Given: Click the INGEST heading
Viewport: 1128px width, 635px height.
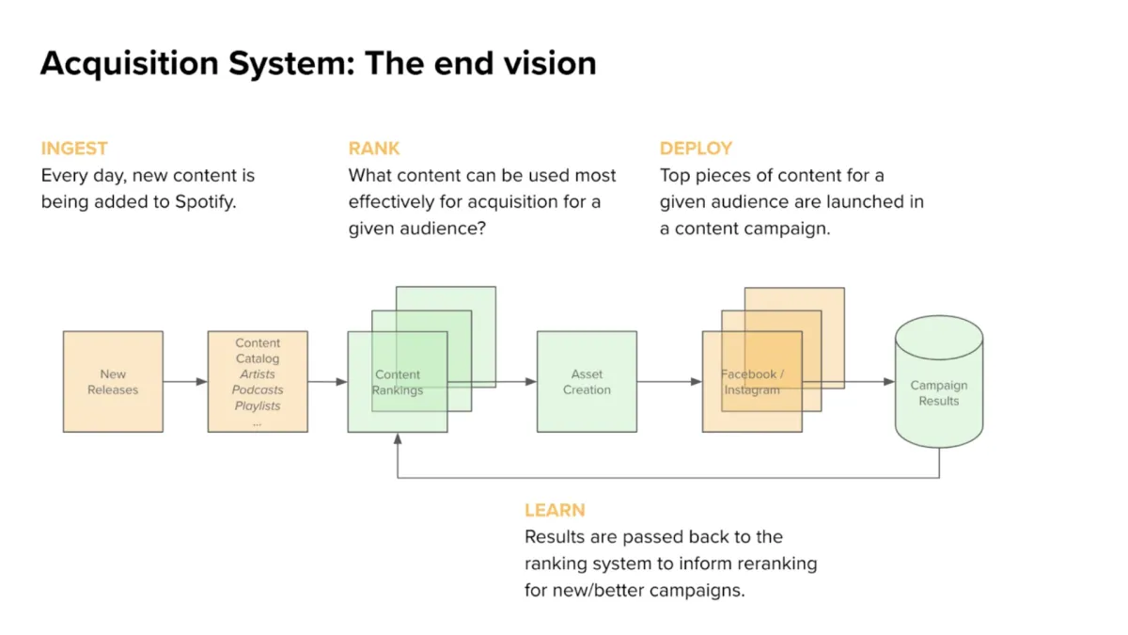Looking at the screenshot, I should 74,149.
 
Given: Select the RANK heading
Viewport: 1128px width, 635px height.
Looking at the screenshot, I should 374,149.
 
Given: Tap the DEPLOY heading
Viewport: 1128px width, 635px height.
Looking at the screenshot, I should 696,149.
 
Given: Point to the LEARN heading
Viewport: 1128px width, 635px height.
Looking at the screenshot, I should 555,511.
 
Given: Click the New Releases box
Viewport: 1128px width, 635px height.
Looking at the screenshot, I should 113,382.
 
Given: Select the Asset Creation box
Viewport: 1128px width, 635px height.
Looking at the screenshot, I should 587,382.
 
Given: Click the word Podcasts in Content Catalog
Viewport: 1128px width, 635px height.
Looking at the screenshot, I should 258,390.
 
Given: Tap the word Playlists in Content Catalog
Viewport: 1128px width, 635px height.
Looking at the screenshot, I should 258,406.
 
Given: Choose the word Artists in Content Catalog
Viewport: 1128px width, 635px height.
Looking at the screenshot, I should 258,374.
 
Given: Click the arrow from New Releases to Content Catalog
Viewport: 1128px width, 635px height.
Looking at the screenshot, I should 185,382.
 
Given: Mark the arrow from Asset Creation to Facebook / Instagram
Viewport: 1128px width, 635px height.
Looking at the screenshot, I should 669,382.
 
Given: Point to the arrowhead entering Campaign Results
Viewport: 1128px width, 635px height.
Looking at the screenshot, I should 888,382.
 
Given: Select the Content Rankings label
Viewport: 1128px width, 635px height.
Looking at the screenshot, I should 398,382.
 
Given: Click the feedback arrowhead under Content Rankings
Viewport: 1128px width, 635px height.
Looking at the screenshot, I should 398,438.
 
